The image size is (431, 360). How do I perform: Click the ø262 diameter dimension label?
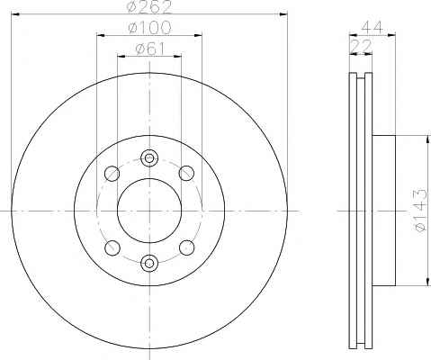149,7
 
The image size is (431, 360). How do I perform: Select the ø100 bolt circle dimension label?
149,28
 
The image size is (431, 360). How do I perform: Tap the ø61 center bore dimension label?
150,49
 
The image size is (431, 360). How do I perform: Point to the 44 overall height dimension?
373,27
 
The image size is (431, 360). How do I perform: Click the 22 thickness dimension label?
361,46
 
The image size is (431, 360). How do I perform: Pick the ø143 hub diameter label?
420,211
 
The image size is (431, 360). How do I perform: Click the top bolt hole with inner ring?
149,157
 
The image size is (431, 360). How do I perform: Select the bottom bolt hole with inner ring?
149,263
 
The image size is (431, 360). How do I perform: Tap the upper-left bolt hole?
112,174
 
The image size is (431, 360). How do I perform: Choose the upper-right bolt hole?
186,173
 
